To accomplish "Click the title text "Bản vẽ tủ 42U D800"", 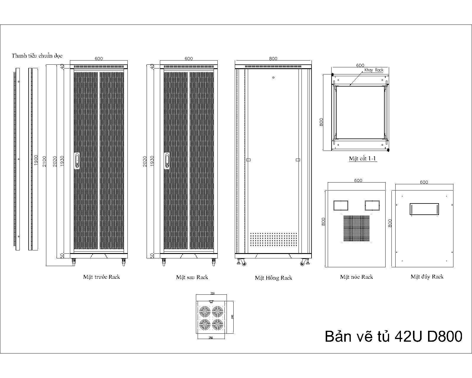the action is [393, 336].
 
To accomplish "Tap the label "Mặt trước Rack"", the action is [101, 277].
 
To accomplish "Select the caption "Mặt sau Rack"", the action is [192, 277].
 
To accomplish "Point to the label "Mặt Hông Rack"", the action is [273, 278].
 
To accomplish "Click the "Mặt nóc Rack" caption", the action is [356, 277].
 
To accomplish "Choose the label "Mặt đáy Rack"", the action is [427, 277].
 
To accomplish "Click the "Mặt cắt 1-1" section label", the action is [363, 159].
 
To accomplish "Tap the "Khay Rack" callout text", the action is [374, 70].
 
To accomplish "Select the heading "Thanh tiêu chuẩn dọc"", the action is [37, 56].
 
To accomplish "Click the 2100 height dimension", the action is [45, 161].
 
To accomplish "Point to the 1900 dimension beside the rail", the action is [36, 160].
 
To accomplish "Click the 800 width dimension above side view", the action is [273, 58].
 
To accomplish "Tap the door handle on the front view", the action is [77, 161].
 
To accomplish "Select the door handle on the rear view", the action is [167, 161].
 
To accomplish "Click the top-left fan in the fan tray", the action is [204, 311].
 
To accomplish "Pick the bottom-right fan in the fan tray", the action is [217, 324].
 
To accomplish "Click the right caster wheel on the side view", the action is [303, 263].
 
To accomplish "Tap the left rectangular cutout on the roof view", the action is [341, 205].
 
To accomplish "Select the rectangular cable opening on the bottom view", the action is [424, 209].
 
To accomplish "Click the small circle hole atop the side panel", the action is [273, 77].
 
